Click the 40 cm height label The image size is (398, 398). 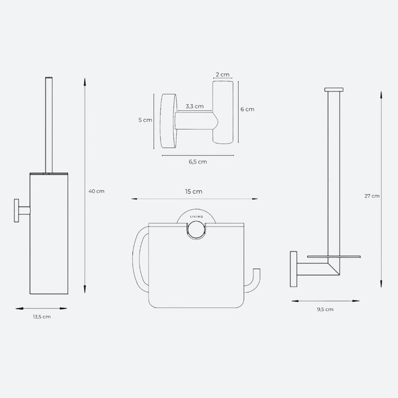point(96,191)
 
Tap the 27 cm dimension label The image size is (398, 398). point(372,196)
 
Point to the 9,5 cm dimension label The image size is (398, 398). point(325,310)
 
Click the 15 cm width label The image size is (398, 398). point(193,192)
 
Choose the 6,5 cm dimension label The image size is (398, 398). point(197,162)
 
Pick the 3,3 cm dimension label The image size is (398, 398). point(195,107)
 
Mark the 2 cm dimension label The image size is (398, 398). point(222,74)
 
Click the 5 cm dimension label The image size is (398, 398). point(145,121)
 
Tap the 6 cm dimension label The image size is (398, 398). point(247,109)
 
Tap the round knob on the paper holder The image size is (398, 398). point(195,230)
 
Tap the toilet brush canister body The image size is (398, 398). point(48,239)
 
